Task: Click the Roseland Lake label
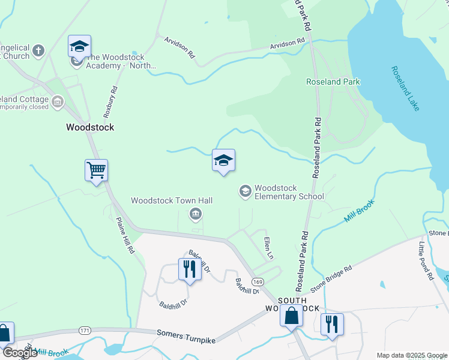point(405,89)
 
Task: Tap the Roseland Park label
point(332,82)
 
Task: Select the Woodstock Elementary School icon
point(245,191)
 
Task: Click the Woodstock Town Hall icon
point(195,214)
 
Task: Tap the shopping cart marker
point(96,170)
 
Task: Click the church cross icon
point(38,50)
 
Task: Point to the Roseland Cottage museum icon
point(58,102)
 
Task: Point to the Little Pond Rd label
point(426,261)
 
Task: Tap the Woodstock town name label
point(89,127)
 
